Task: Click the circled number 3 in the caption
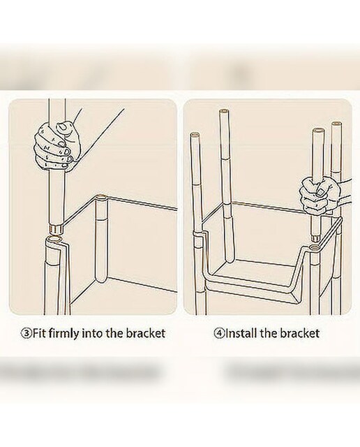[x=27, y=333]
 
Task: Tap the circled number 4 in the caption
[x=218, y=333]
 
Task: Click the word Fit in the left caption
[x=39, y=332]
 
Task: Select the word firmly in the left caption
[x=63, y=334]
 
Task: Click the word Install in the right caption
[x=240, y=332]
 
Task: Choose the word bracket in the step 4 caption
[x=299, y=332]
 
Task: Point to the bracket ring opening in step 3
[x=54, y=239]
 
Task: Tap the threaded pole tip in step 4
[x=315, y=238]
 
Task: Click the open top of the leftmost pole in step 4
[x=195, y=134]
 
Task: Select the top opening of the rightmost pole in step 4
[x=336, y=124]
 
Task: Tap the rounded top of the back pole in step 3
[x=100, y=196]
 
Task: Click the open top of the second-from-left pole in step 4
[x=223, y=112]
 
